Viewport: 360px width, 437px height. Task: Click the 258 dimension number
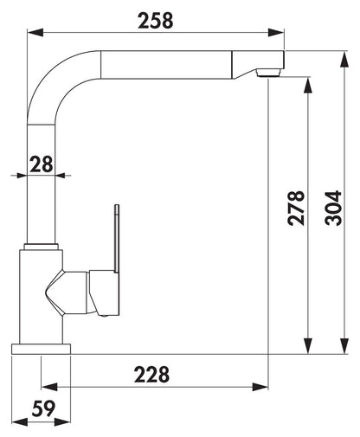pos(156,21)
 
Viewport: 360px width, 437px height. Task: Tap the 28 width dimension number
pos(42,164)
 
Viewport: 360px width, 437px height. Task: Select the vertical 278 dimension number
pos(296,208)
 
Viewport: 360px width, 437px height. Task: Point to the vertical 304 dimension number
pos(333,208)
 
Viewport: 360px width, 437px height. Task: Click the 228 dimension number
pos(151,375)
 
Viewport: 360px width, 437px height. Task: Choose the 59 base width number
pos(43,408)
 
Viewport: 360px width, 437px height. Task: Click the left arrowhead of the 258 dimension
pos(35,32)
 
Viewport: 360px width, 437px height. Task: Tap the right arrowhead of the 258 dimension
pos(276,32)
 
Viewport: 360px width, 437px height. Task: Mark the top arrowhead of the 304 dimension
pos(344,60)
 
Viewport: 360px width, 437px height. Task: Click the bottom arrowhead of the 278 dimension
pos(308,345)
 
